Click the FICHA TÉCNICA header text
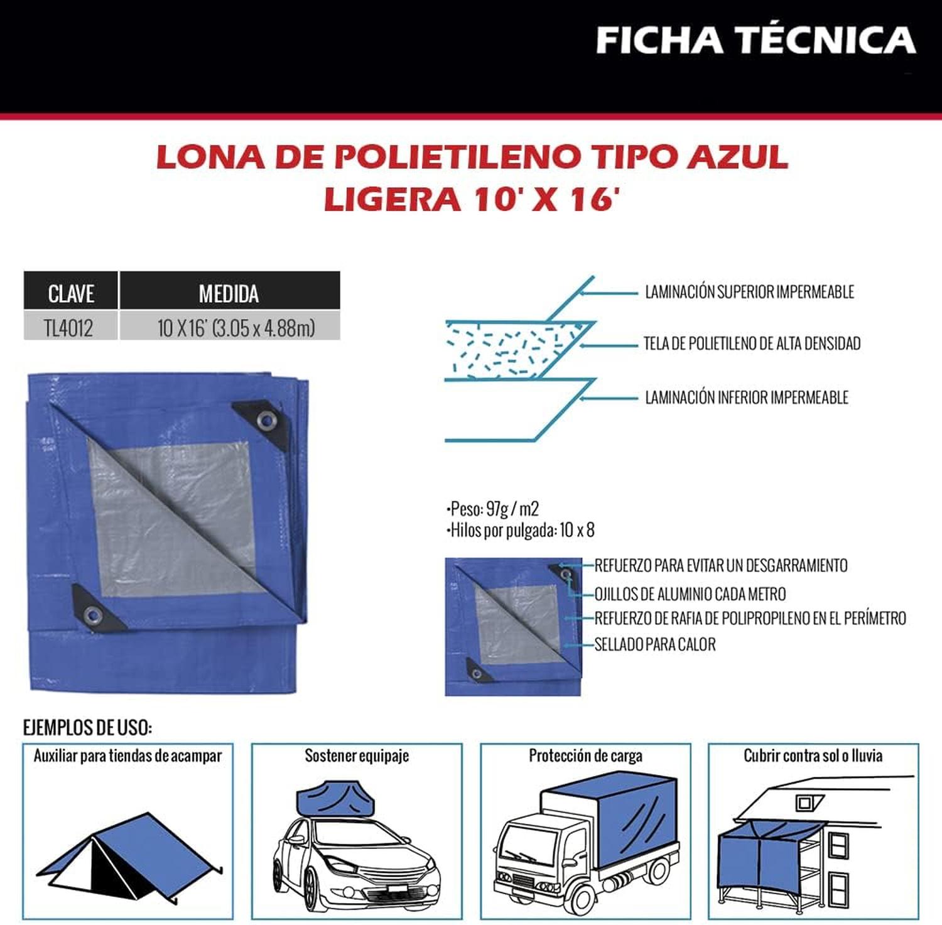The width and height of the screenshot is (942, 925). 755,40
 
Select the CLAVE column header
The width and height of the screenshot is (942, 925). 71,293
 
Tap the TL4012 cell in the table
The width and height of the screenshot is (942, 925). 68,328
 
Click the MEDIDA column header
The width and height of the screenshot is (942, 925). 229,293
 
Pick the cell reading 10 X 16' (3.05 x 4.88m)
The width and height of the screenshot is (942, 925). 236,328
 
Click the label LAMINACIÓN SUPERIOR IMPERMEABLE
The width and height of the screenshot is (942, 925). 750,292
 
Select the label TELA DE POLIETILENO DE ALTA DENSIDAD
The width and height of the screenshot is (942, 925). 752,343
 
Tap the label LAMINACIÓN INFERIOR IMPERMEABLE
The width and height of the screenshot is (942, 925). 747,398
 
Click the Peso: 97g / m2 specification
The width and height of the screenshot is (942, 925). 492,509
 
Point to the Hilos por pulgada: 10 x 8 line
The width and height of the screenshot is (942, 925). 520,530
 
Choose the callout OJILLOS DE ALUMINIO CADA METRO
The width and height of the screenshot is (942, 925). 690,594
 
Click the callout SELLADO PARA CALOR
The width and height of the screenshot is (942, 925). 655,644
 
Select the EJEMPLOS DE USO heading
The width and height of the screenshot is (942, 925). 87,728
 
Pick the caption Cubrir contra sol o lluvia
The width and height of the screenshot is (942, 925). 813,755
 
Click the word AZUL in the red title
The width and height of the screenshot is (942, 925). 738,157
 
